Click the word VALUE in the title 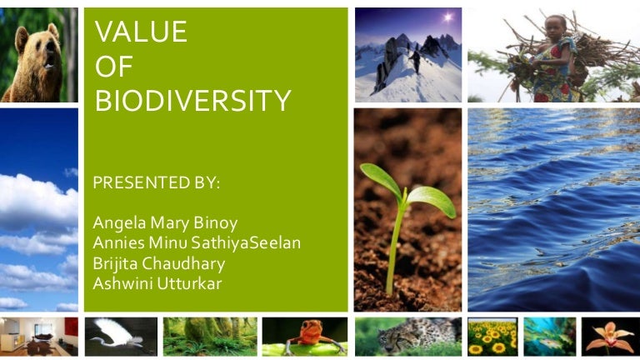(141, 32)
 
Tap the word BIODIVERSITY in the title (192, 101)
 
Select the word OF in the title (114, 67)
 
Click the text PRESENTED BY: (157, 183)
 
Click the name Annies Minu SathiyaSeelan (197, 242)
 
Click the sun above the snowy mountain (447, 17)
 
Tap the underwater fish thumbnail (549, 337)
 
